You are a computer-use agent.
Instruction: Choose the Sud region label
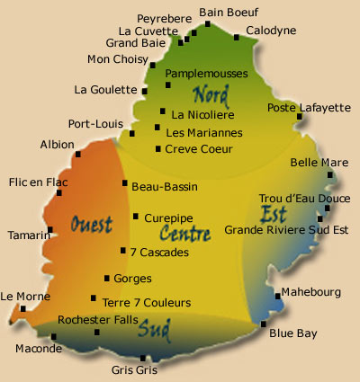[155, 330]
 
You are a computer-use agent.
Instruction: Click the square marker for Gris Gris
[143, 359]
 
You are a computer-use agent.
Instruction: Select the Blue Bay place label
[293, 333]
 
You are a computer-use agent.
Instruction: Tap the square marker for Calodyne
[236, 38]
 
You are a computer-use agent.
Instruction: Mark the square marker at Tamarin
[50, 230]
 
